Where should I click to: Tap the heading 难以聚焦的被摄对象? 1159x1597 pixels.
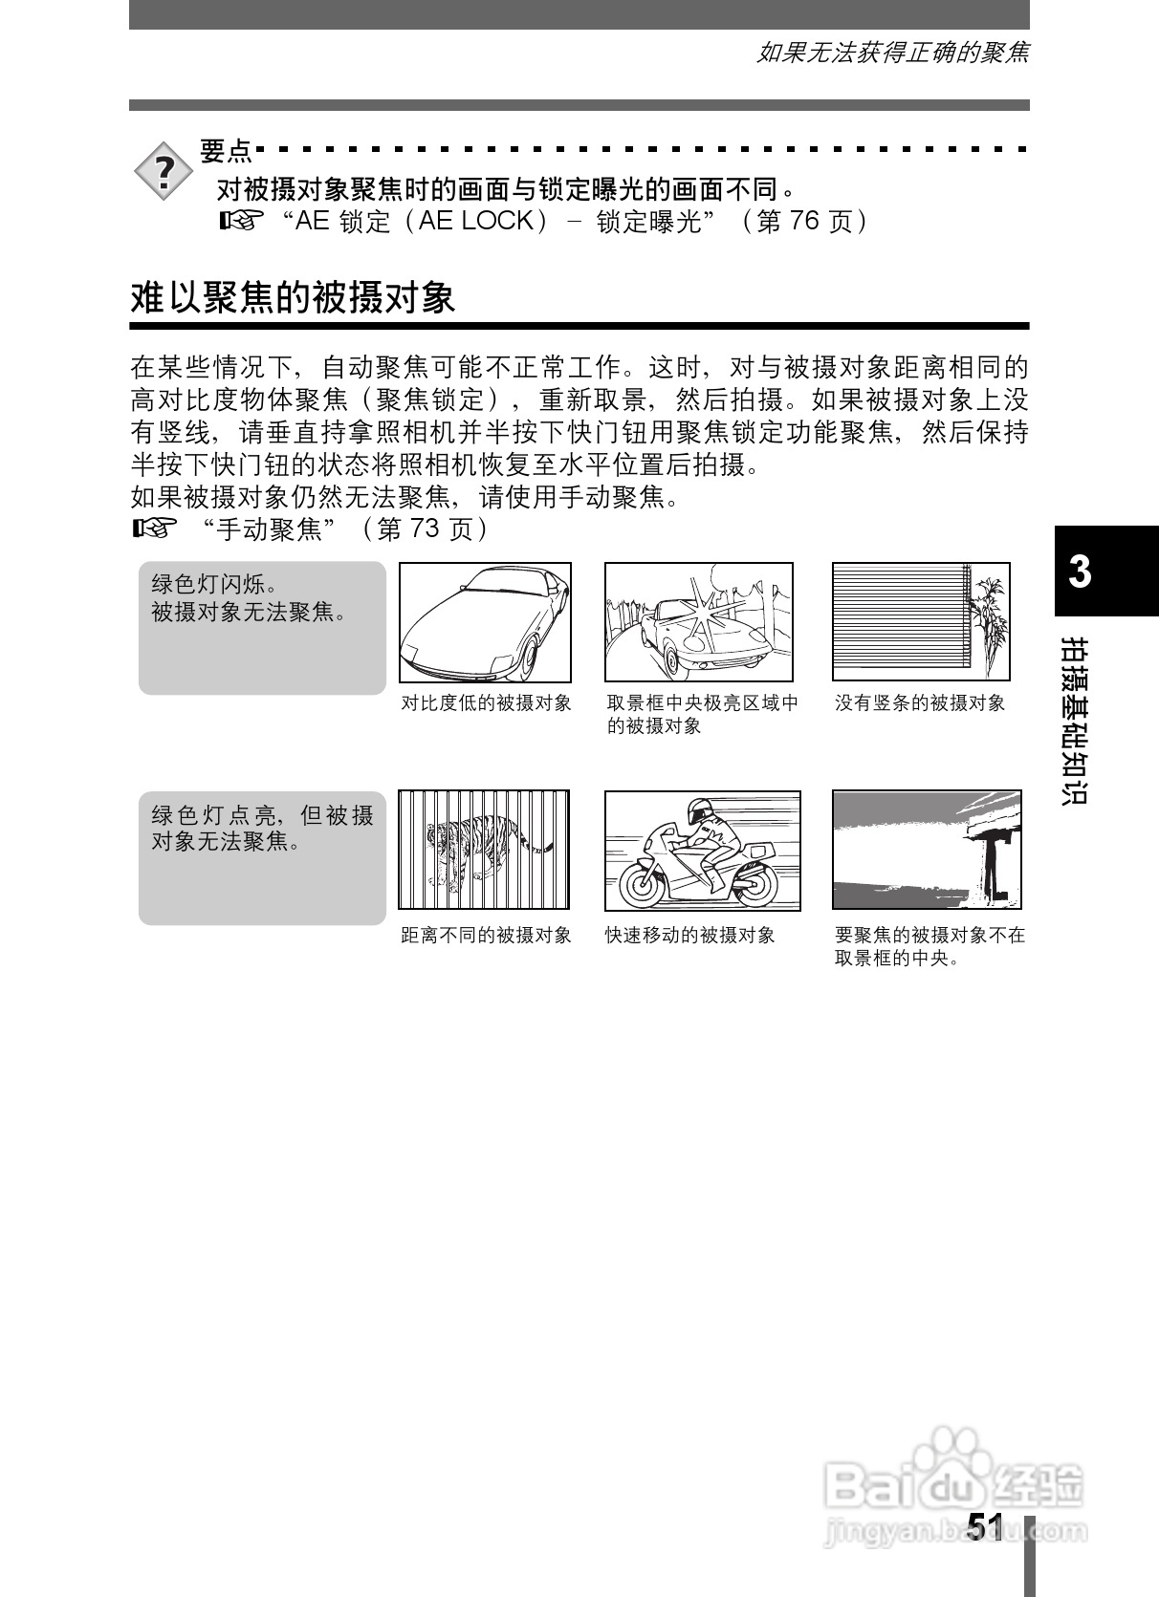click(x=293, y=298)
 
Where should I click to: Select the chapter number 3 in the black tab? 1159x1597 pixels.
click(x=1080, y=571)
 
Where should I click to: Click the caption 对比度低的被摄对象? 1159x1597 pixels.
click(x=486, y=703)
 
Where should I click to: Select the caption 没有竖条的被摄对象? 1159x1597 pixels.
click(x=920, y=703)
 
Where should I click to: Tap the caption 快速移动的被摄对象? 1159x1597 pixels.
click(x=689, y=936)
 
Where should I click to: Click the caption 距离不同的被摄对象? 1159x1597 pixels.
click(x=486, y=936)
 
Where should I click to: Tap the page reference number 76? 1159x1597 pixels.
click(x=804, y=222)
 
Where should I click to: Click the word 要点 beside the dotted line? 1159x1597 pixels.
click(x=226, y=151)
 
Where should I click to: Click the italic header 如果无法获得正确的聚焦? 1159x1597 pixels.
click(x=892, y=54)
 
